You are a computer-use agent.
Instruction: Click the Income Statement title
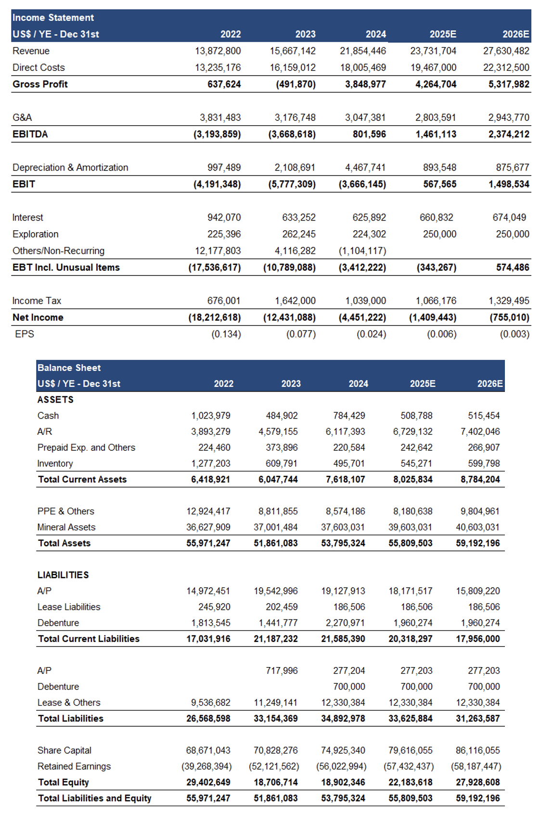pyautogui.click(x=53, y=18)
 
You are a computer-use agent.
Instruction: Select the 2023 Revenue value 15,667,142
pyautogui.click(x=293, y=51)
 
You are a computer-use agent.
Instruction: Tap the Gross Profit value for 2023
pyautogui.click(x=296, y=84)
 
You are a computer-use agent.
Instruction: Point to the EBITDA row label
pyautogui.click(x=30, y=134)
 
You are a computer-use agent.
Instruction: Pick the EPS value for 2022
pyautogui.click(x=226, y=334)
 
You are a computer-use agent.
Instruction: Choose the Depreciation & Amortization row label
pyautogui.click(x=70, y=168)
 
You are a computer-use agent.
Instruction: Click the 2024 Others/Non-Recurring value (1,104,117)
pyautogui.click(x=362, y=251)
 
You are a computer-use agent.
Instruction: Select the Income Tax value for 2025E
pyautogui.click(x=436, y=301)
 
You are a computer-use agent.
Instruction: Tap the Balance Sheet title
pyautogui.click(x=69, y=368)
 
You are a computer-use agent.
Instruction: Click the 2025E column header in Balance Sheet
pyautogui.click(x=423, y=384)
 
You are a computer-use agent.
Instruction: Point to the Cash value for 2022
pyautogui.click(x=210, y=416)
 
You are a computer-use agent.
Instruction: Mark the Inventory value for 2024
pyautogui.click(x=349, y=463)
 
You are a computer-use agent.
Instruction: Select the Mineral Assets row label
pyautogui.click(x=66, y=527)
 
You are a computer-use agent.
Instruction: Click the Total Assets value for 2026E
pyautogui.click(x=477, y=543)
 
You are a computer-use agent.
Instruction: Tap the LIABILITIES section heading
pyautogui.click(x=63, y=575)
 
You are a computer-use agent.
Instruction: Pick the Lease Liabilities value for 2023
pyautogui.click(x=282, y=607)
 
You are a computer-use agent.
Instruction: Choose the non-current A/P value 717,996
pyautogui.click(x=282, y=670)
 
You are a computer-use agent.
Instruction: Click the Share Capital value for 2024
pyautogui.click(x=343, y=750)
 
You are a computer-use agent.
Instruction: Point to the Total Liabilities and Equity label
pyautogui.click(x=94, y=798)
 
